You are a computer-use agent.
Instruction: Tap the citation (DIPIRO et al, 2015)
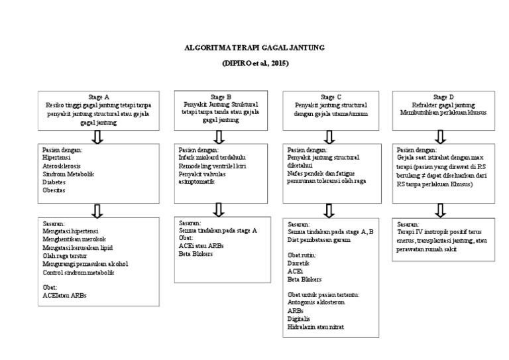pyautogui.click(x=256, y=63)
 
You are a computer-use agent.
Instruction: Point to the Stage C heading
pyautogui.click(x=331, y=97)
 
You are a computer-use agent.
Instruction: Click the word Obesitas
pyautogui.click(x=56, y=189)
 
